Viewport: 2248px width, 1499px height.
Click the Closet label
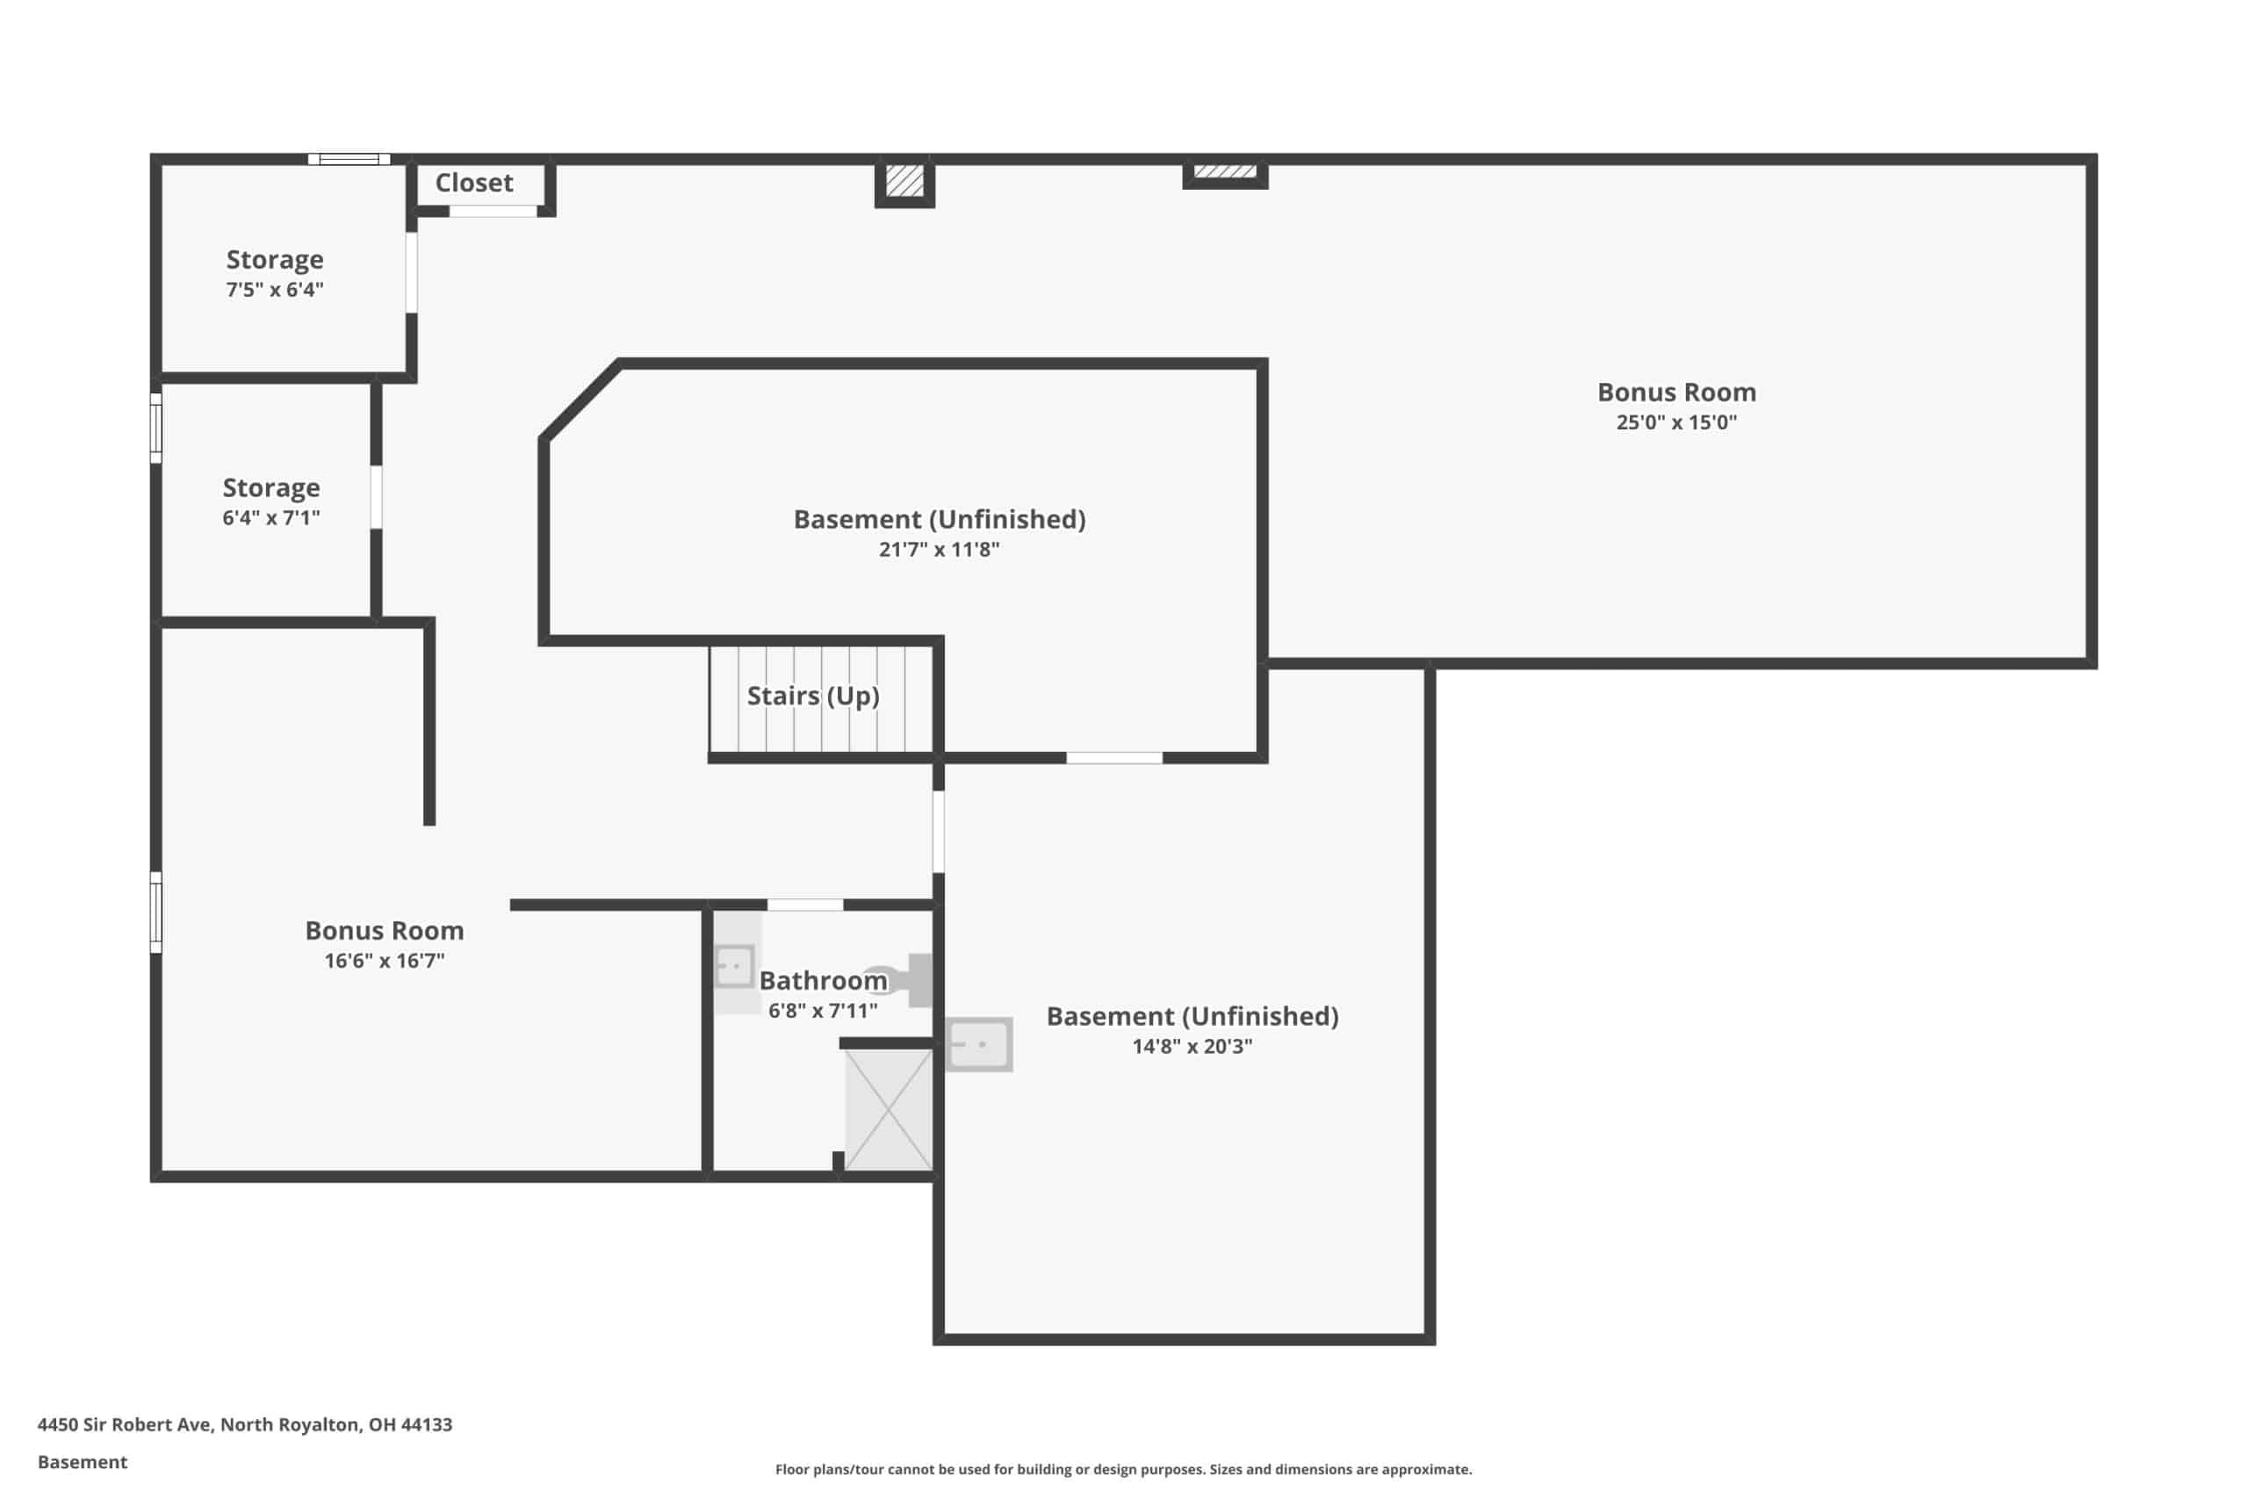pos(474,183)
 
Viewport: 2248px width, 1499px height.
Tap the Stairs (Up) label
pos(812,696)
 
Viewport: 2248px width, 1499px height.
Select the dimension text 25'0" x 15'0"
pos(1676,422)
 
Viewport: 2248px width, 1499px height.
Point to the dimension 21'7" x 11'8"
pos(939,550)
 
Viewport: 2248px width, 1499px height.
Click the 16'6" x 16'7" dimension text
pos(385,961)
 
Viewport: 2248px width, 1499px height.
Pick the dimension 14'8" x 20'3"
pos(1192,1046)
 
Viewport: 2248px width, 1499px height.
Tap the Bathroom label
pos(823,981)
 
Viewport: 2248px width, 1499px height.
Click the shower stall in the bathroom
pos(889,1109)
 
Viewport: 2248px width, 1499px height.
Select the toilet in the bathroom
pos(904,980)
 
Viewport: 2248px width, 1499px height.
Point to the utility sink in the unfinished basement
pos(979,1044)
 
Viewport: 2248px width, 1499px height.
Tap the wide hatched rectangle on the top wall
pos(1225,173)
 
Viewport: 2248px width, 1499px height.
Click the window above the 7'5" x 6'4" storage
pos(349,160)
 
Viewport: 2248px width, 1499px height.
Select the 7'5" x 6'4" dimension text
pos(274,290)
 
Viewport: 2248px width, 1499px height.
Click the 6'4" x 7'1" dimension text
pos(271,518)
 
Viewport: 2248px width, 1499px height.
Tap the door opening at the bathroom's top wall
pos(806,904)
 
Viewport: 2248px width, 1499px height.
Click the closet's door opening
pos(494,212)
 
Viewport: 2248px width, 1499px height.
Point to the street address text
pos(245,1424)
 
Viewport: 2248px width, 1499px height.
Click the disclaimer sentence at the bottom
pos(1123,1469)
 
